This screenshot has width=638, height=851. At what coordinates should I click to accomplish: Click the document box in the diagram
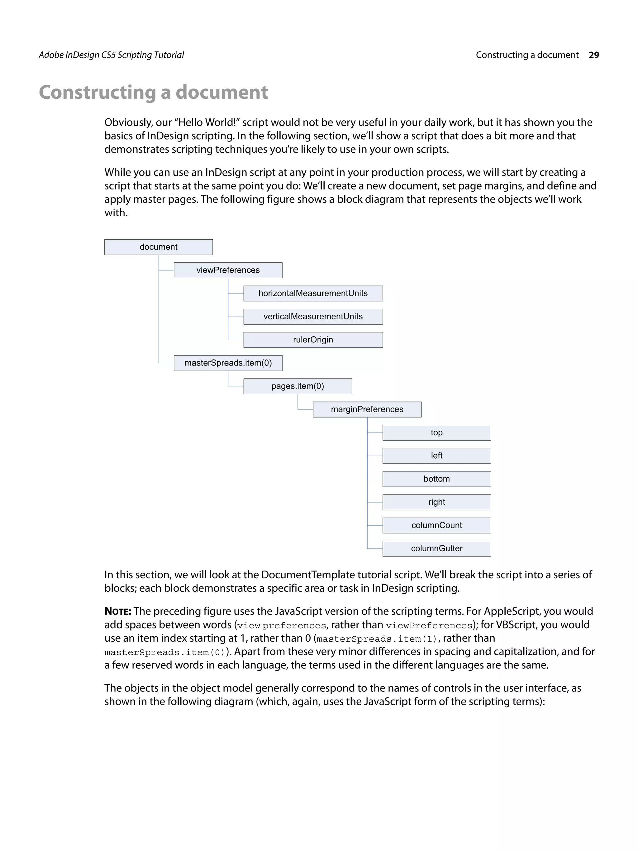(159, 247)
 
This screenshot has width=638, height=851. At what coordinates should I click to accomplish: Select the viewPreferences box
(228, 270)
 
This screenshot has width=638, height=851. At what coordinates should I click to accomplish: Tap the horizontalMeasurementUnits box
(313, 294)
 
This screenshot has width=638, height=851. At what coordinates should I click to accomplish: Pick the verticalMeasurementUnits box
(313, 317)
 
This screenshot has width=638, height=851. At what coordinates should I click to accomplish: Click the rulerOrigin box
(313, 340)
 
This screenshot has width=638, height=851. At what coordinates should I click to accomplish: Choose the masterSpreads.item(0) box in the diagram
(228, 363)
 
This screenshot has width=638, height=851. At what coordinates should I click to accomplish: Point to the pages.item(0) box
(298, 386)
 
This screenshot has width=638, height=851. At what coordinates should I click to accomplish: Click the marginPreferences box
(367, 409)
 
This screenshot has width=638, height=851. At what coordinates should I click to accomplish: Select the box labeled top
(436, 433)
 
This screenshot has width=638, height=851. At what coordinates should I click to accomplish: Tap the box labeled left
(436, 456)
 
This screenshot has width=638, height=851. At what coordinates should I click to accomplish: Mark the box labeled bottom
(436, 479)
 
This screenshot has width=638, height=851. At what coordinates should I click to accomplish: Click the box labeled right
(436, 502)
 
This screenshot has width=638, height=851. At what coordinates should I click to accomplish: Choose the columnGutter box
(436, 549)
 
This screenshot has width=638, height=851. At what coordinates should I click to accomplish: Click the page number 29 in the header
(594, 55)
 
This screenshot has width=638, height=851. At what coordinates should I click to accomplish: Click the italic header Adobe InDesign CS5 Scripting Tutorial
(111, 55)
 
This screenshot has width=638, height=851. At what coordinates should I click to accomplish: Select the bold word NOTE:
(118, 611)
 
